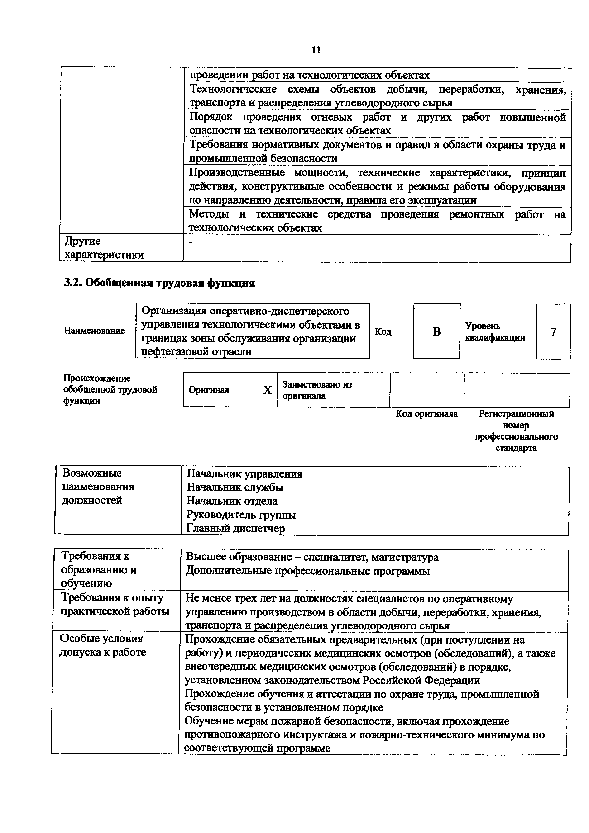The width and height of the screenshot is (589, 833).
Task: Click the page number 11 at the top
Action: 316,50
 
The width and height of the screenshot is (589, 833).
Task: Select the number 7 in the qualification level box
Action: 553,331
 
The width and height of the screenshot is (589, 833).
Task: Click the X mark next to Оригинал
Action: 268,390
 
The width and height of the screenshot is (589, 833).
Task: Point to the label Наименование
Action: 94,331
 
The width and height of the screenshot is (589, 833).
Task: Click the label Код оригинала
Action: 427,414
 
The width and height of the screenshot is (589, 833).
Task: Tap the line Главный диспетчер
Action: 235,529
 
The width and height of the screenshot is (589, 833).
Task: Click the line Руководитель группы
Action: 241,515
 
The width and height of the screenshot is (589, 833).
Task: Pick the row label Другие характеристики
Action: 104,248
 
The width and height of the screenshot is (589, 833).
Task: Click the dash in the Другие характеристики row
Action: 192,242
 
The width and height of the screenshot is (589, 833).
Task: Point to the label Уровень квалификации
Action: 495,331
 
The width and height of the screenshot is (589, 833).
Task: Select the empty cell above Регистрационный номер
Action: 517,390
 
